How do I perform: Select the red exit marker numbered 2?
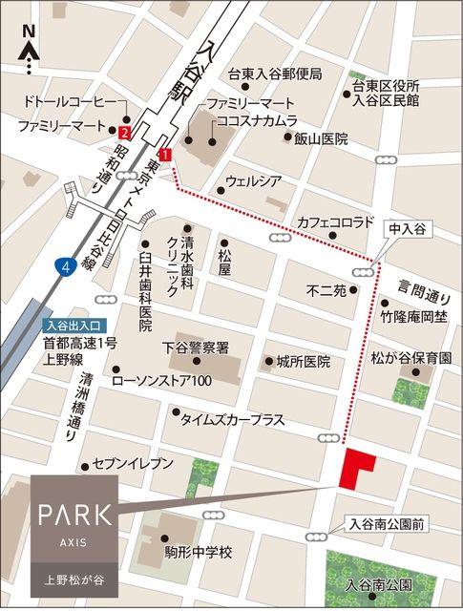pos(125,132)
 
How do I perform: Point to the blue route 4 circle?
pos(64,266)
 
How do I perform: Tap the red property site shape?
pos(358,467)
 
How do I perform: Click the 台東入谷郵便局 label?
pos(274,74)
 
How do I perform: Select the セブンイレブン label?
pos(134,464)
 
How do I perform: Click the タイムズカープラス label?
pos(233,418)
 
